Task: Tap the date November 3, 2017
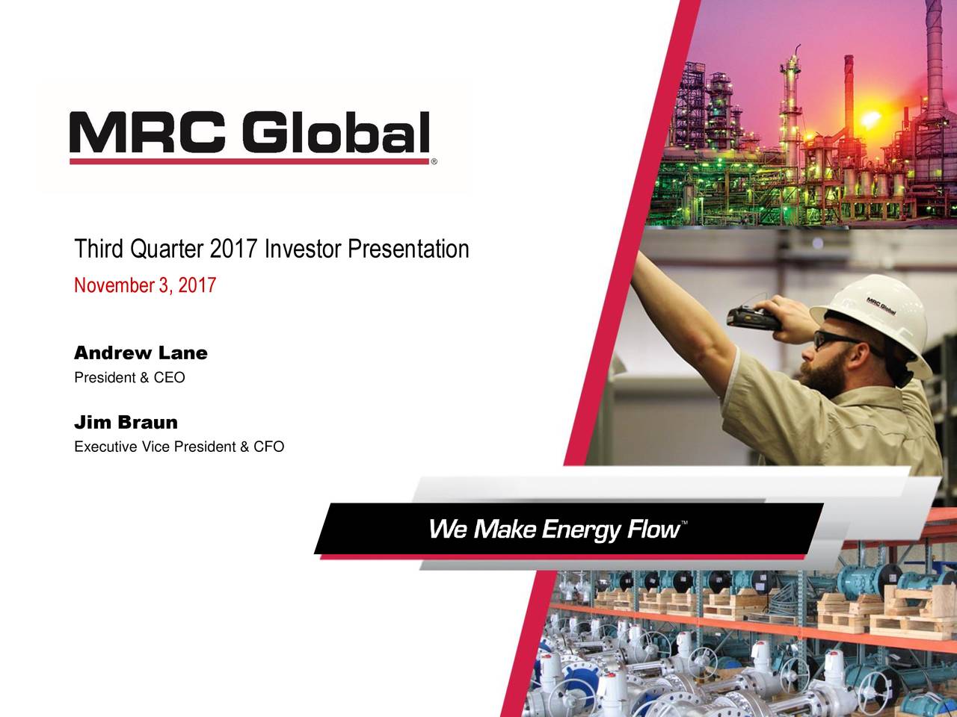(145, 285)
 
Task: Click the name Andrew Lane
(141, 353)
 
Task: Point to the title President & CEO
(129, 378)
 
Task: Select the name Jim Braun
(126, 423)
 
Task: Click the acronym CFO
(268, 447)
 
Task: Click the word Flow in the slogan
(651, 530)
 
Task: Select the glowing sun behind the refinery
(870, 119)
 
